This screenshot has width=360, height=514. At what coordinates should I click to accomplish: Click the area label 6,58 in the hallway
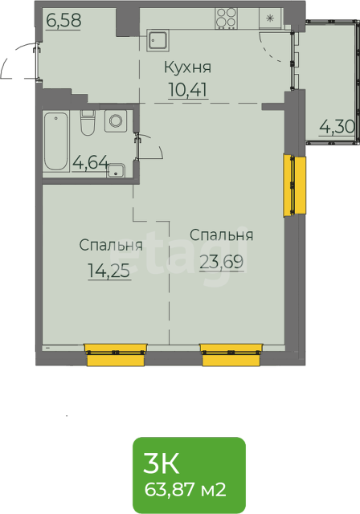63,20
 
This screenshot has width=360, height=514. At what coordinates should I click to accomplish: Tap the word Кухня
188,67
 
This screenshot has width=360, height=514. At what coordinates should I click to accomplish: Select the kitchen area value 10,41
188,89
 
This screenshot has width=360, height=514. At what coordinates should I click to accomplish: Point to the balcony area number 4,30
337,127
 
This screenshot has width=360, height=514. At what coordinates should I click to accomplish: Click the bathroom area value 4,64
91,162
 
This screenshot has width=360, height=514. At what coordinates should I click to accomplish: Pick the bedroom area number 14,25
109,271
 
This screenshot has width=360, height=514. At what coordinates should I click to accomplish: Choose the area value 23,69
221,262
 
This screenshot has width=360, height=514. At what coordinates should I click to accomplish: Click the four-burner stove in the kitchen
227,18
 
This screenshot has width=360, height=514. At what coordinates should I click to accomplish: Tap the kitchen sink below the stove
158,41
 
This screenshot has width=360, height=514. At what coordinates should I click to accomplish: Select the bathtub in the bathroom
56,141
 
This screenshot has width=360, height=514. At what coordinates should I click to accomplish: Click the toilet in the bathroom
88,122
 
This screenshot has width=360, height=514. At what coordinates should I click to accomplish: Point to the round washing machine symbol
116,121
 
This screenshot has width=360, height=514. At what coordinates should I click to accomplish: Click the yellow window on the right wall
294,186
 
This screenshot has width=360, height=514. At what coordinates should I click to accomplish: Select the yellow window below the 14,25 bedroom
116,355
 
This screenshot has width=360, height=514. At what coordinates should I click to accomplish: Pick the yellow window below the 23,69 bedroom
231,355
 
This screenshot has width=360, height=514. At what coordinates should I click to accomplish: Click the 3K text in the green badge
161,463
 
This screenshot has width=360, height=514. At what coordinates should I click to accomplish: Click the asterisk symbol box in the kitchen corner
270,18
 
